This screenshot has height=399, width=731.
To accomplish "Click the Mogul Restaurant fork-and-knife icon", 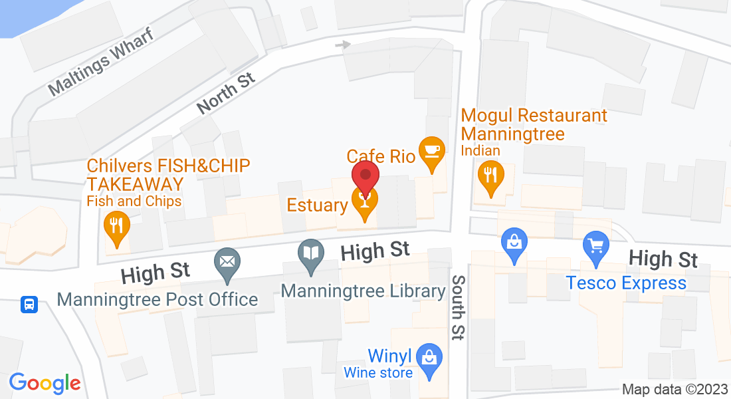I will [x=490, y=176].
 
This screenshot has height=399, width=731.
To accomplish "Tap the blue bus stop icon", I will [x=29, y=305].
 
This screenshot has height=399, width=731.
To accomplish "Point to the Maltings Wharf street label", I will [x=101, y=61].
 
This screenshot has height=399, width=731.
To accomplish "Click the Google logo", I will [x=45, y=383].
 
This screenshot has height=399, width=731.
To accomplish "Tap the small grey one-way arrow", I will [x=343, y=45].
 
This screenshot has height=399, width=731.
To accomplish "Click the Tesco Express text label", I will [x=626, y=283].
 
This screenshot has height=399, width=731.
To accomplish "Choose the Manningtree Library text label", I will [x=363, y=291].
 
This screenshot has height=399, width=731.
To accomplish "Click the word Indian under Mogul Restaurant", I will [x=480, y=151].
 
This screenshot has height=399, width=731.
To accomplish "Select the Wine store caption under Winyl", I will [x=377, y=372].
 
